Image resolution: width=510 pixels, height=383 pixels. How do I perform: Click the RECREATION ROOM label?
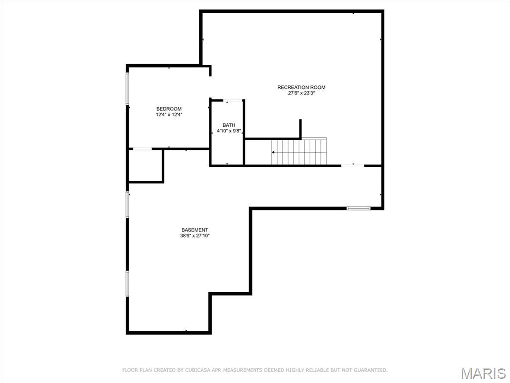301,87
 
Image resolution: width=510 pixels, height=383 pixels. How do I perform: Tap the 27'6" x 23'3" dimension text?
301,93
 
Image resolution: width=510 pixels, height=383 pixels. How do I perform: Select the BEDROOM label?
169,109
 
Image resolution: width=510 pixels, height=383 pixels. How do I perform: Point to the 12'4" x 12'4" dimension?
169,114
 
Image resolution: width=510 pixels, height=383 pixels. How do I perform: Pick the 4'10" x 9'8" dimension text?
229,131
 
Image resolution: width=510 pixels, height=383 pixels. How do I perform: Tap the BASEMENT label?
195,230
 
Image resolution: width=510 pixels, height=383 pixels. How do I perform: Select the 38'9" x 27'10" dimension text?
195,236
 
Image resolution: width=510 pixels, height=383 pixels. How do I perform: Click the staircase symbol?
299,152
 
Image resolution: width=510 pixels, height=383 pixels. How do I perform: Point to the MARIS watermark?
483,373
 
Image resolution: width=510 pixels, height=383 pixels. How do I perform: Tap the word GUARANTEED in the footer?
370,370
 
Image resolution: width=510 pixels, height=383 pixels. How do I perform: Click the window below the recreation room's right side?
359,208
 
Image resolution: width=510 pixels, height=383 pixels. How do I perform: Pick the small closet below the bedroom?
146,165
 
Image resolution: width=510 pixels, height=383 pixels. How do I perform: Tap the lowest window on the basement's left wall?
127,284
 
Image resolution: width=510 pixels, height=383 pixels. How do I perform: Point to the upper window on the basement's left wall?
127,204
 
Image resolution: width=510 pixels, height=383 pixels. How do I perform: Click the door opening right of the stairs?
353,165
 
